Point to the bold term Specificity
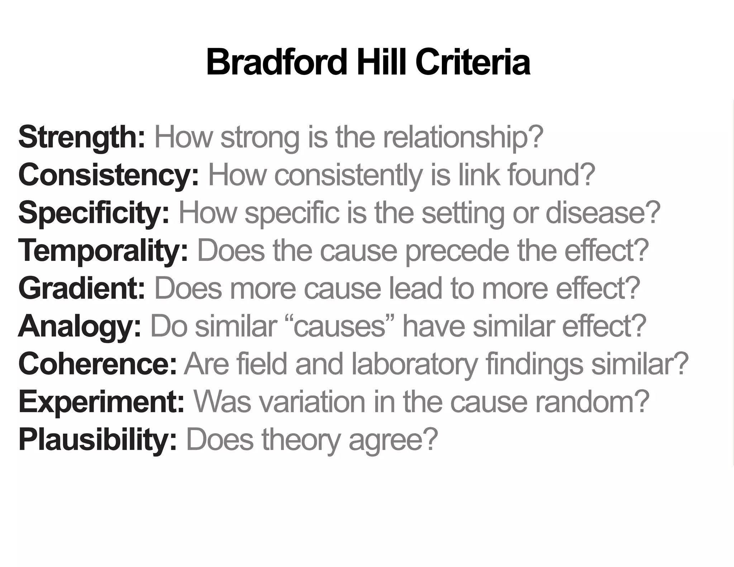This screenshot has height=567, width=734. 94,213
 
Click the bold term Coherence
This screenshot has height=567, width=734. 97,364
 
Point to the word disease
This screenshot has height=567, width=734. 602,213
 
